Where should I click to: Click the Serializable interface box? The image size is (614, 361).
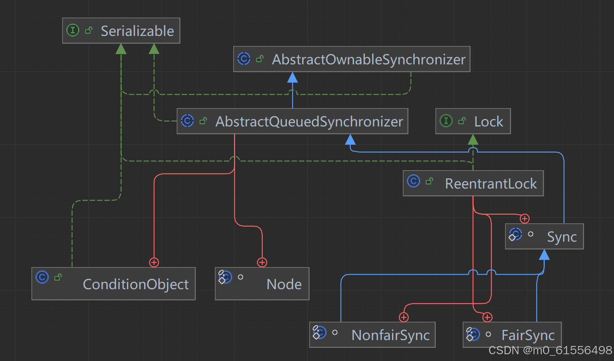click(x=121, y=31)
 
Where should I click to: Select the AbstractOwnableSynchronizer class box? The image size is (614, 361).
click(x=352, y=59)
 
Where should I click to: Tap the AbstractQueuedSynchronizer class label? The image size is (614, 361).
click(x=309, y=122)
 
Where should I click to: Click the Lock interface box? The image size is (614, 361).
click(x=473, y=121)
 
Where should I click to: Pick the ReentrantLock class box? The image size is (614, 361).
click(x=473, y=183)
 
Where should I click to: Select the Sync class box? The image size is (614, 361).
click(x=544, y=236)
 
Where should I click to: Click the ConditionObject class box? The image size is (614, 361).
click(x=113, y=284)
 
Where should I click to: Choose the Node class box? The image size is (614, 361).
click(x=262, y=284)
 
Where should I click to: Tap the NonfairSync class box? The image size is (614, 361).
click(x=372, y=335)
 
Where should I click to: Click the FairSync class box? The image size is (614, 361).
click(x=512, y=335)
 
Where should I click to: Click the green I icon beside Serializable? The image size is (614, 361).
click(x=73, y=30)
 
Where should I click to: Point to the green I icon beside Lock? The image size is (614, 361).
click(x=446, y=121)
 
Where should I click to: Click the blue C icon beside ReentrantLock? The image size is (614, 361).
click(x=413, y=181)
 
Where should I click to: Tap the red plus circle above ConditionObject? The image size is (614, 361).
click(x=154, y=262)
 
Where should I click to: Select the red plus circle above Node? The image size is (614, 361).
click(x=262, y=262)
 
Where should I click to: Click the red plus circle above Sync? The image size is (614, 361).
click(x=525, y=218)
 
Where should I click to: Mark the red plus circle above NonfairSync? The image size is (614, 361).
click(x=404, y=317)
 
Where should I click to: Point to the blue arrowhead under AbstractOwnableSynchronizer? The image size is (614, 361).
click(x=292, y=77)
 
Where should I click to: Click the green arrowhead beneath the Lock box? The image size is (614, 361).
click(x=473, y=140)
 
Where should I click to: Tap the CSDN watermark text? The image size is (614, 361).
click(x=550, y=351)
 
